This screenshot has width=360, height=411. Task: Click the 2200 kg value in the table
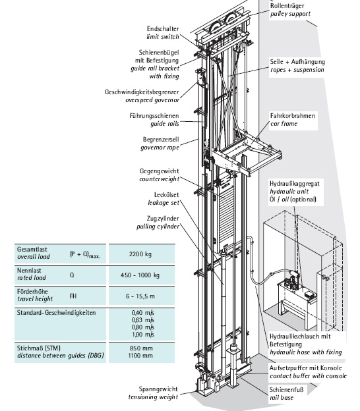tap(140, 254)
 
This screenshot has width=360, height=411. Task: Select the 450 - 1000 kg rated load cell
tap(140, 275)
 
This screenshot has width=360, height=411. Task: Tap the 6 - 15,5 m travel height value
tap(140, 296)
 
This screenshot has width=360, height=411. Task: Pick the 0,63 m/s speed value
tap(142, 320)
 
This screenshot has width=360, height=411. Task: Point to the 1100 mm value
tap(140, 356)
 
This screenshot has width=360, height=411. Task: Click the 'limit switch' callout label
tap(163, 37)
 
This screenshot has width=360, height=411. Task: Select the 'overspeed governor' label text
tap(152, 100)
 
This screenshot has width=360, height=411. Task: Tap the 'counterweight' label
tap(160, 179)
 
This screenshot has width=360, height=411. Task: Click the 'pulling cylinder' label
tap(158, 227)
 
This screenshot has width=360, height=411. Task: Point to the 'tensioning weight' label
tap(153, 397)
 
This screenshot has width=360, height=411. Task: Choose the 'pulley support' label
tap(291, 14)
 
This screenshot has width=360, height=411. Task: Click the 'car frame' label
tap(284, 124)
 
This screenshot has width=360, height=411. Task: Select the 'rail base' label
tap(282, 398)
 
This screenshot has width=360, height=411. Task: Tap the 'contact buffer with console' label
tap(309, 376)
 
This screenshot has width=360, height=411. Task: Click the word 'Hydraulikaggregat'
tap(295, 184)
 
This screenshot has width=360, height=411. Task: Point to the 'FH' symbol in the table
tap(73, 296)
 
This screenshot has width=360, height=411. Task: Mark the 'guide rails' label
tap(165, 124)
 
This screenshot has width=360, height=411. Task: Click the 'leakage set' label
tap(164, 203)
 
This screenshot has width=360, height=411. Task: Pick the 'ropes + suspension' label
tap(297, 70)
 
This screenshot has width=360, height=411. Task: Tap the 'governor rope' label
tap(160, 148)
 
